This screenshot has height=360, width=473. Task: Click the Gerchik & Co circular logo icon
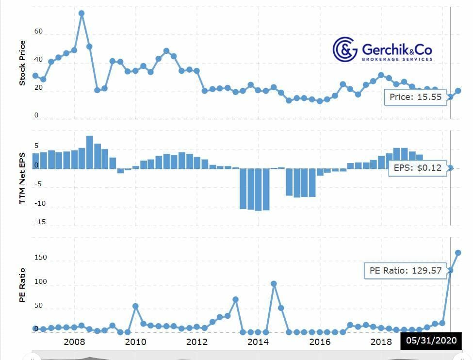click(345, 49)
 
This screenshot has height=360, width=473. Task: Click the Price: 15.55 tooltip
click(415, 97)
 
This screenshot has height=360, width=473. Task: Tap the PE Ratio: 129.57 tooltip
click(404, 270)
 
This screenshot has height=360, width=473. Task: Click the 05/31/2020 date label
click(431, 341)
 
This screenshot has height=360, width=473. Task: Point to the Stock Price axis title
click(22, 64)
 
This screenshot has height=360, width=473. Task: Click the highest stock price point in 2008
click(82, 14)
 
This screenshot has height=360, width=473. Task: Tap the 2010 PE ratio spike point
click(135, 306)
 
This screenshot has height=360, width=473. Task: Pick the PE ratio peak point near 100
click(274, 284)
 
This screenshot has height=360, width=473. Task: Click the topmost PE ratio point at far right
click(457, 253)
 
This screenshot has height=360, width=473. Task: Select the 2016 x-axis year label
click(320, 342)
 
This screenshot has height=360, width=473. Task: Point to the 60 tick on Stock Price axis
click(38, 32)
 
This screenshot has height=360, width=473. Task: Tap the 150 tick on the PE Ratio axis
click(41, 258)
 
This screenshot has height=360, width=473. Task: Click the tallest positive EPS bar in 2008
click(89, 152)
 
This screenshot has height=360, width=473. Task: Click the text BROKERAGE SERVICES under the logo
click(397, 59)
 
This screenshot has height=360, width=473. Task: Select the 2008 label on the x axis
click(74, 342)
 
